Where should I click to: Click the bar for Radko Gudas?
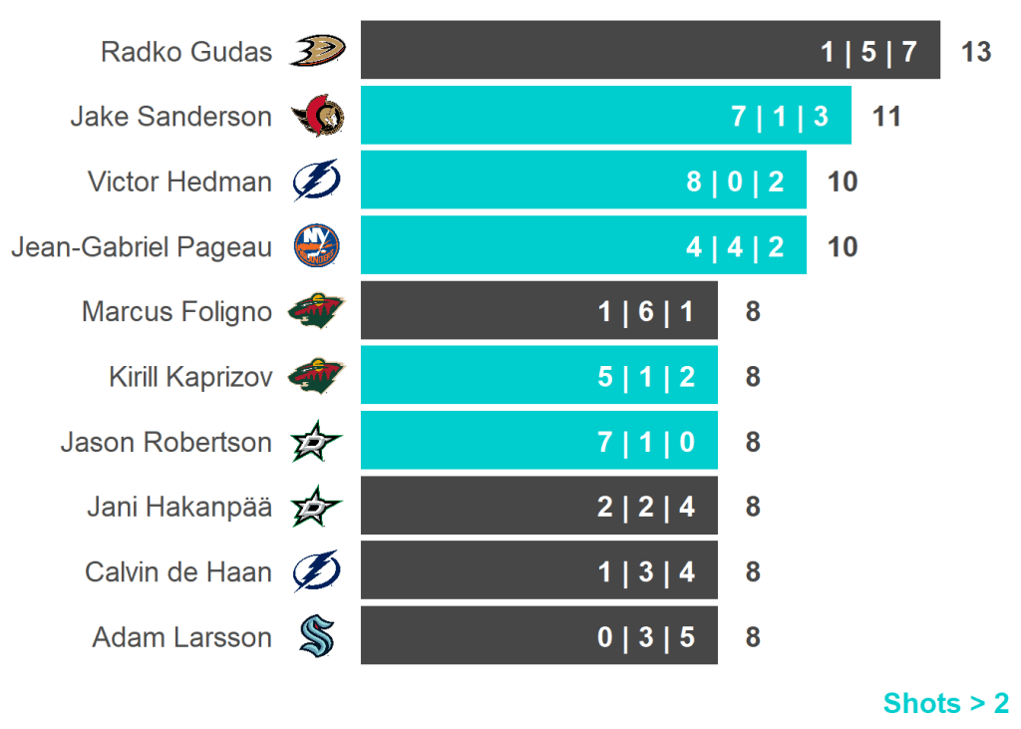coord(598,50)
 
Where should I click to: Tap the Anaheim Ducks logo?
coord(317,50)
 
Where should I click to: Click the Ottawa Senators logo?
coord(317,117)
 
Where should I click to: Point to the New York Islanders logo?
coord(317,245)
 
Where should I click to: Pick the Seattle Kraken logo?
coord(317,636)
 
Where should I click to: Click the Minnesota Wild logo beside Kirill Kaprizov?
coord(317,376)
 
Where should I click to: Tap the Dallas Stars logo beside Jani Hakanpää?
coord(317,507)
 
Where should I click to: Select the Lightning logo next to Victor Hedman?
coord(317,182)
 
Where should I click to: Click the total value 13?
coord(976,52)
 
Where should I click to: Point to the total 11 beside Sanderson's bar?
coord(886,117)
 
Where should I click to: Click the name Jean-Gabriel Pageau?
coord(142,246)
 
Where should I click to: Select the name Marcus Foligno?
coord(176,312)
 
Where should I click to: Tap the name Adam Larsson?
coord(181,637)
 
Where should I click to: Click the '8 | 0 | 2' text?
coord(735,182)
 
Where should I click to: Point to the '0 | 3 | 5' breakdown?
coord(646,637)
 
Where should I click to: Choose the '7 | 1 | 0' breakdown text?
coord(646,442)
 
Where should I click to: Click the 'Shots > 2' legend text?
coord(945,703)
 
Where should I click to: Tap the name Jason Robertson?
coord(166,442)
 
